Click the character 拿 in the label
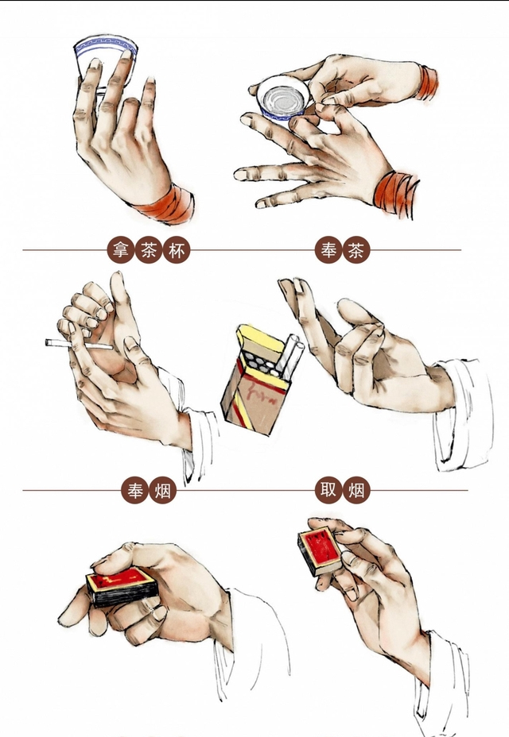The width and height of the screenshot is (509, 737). (121, 250)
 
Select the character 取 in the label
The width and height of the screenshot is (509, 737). (328, 490)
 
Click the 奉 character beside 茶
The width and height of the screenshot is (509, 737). (328, 250)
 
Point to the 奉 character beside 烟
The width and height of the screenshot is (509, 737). (134, 491)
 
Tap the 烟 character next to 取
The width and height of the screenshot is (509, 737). (356, 490)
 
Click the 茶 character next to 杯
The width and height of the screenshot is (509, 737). (149, 250)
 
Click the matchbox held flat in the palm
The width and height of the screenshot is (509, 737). (122, 586)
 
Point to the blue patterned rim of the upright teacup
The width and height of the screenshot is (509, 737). (106, 46)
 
